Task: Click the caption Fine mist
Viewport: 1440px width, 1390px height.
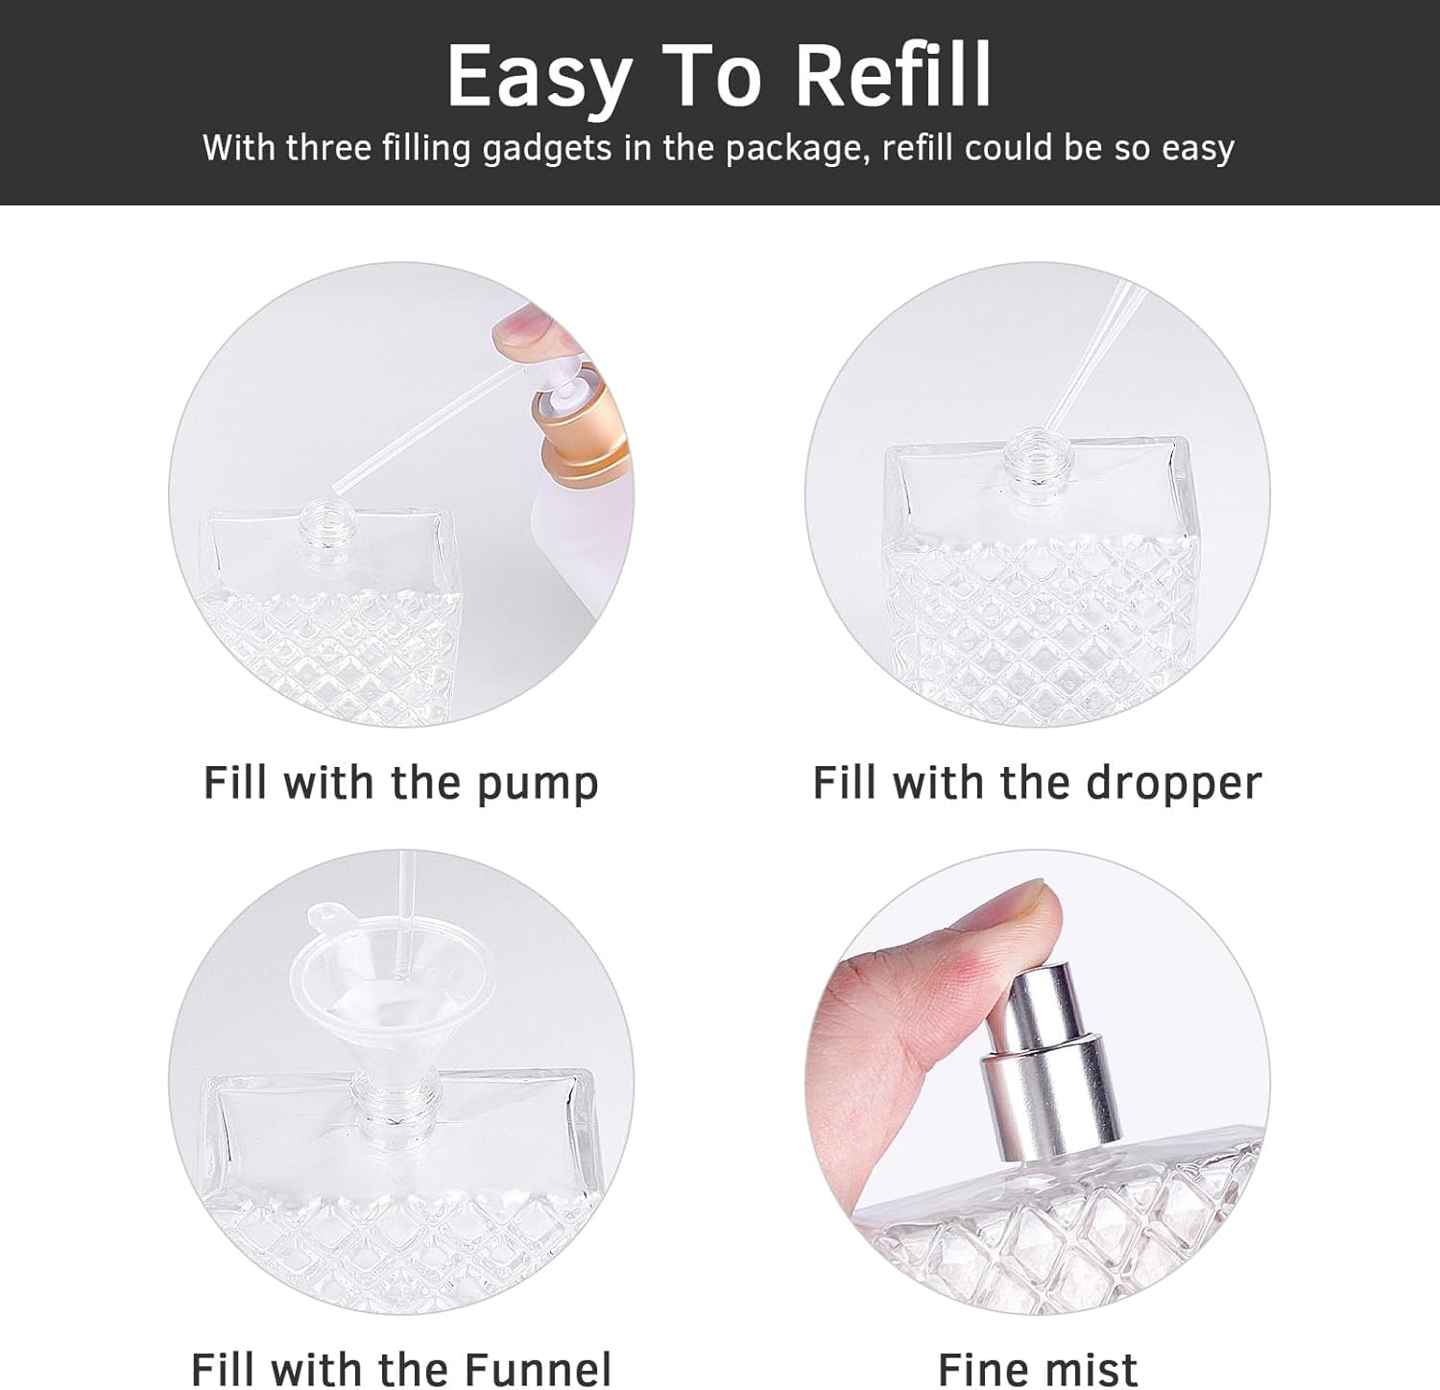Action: pos(1037,1369)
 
